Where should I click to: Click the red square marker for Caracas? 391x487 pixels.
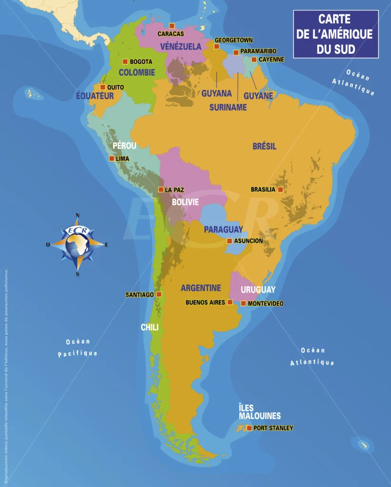point(172,26)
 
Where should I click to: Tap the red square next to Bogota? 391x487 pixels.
point(125,61)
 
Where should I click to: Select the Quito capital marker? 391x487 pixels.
point(103,87)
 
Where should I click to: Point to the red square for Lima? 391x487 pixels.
point(111,158)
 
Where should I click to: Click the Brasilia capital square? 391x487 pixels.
point(281,189)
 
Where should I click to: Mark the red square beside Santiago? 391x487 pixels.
point(159,294)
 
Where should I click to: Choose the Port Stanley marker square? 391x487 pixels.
point(249,428)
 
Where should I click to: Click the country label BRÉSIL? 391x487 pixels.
point(264,146)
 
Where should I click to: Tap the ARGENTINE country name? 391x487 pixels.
point(201,288)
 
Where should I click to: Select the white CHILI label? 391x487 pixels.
point(150,327)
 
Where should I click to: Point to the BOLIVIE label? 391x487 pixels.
point(185,202)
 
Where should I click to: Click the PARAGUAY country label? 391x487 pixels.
point(223,229)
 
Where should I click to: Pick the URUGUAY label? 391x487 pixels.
point(258,289)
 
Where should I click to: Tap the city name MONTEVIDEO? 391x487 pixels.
point(266,303)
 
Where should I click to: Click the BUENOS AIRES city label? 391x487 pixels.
point(205,302)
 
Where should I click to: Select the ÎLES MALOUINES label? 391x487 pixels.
point(260,412)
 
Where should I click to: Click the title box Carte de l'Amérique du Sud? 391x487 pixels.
point(335,34)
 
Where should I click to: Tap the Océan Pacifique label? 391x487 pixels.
point(78,348)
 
